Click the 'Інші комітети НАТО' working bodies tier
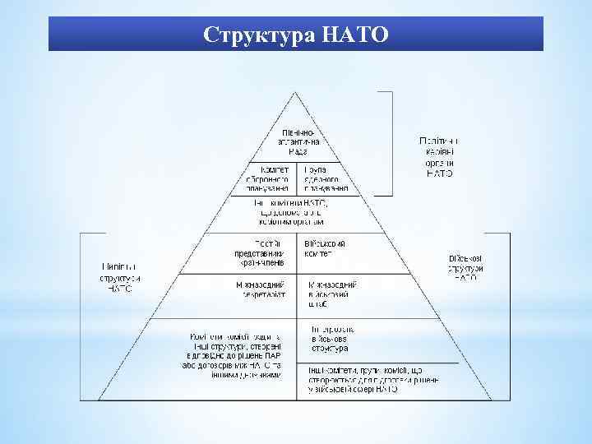pos(297,211)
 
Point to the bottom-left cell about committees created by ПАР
pos(233,354)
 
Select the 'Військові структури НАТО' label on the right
pos(465,268)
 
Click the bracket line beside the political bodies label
pos(392,144)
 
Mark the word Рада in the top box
pos(297,152)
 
